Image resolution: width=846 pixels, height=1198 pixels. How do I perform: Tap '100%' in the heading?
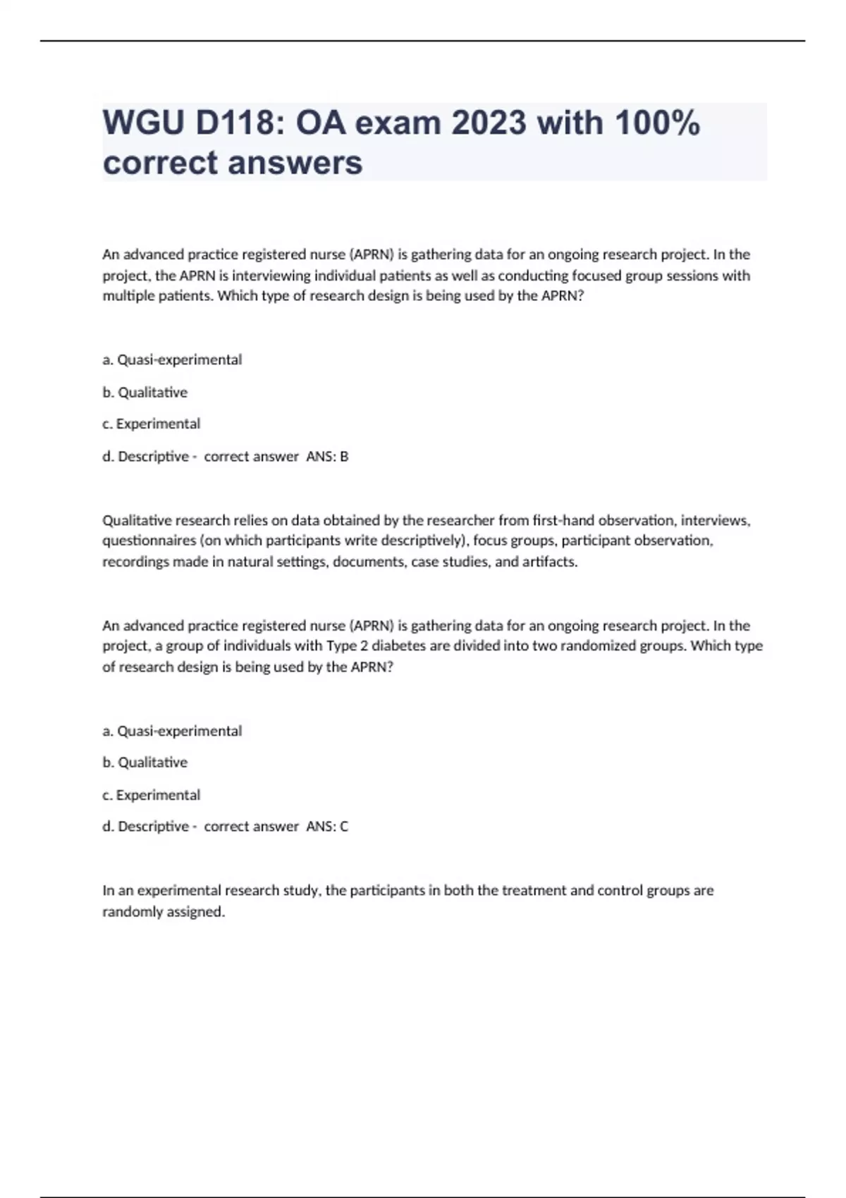click(657, 123)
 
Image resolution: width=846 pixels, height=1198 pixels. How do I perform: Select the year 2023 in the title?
click(489, 123)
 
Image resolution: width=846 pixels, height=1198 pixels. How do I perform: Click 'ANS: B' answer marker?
click(327, 457)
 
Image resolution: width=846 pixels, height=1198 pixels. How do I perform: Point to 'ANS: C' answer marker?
click(327, 827)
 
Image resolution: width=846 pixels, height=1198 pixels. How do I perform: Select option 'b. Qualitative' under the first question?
click(145, 393)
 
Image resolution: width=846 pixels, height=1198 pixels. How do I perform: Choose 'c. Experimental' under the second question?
click(152, 795)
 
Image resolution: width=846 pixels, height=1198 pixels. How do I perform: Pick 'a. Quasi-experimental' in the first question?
click(172, 360)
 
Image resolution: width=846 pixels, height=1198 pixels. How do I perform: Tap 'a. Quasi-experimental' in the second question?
click(172, 731)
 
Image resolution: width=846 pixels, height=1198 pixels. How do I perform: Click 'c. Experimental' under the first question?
click(152, 424)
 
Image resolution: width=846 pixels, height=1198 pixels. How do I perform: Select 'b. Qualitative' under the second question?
click(145, 762)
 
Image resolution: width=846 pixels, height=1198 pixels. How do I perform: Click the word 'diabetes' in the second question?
click(398, 646)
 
